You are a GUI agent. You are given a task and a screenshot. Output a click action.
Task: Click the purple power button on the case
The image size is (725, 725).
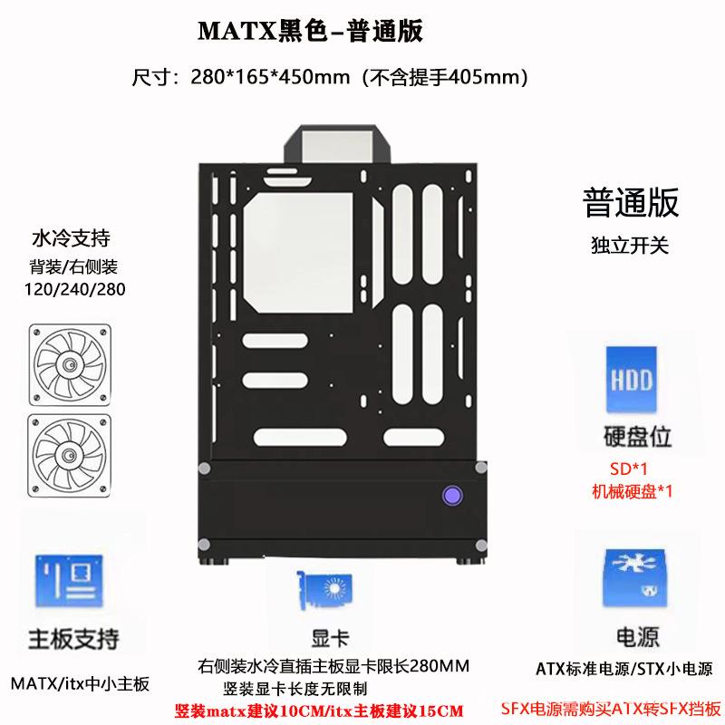(449, 496)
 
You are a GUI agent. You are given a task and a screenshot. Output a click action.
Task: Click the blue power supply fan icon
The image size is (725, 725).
(634, 578)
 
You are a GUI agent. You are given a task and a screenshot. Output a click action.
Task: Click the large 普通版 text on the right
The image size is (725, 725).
(632, 202)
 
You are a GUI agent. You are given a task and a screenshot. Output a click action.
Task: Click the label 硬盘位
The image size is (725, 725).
(635, 437)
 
